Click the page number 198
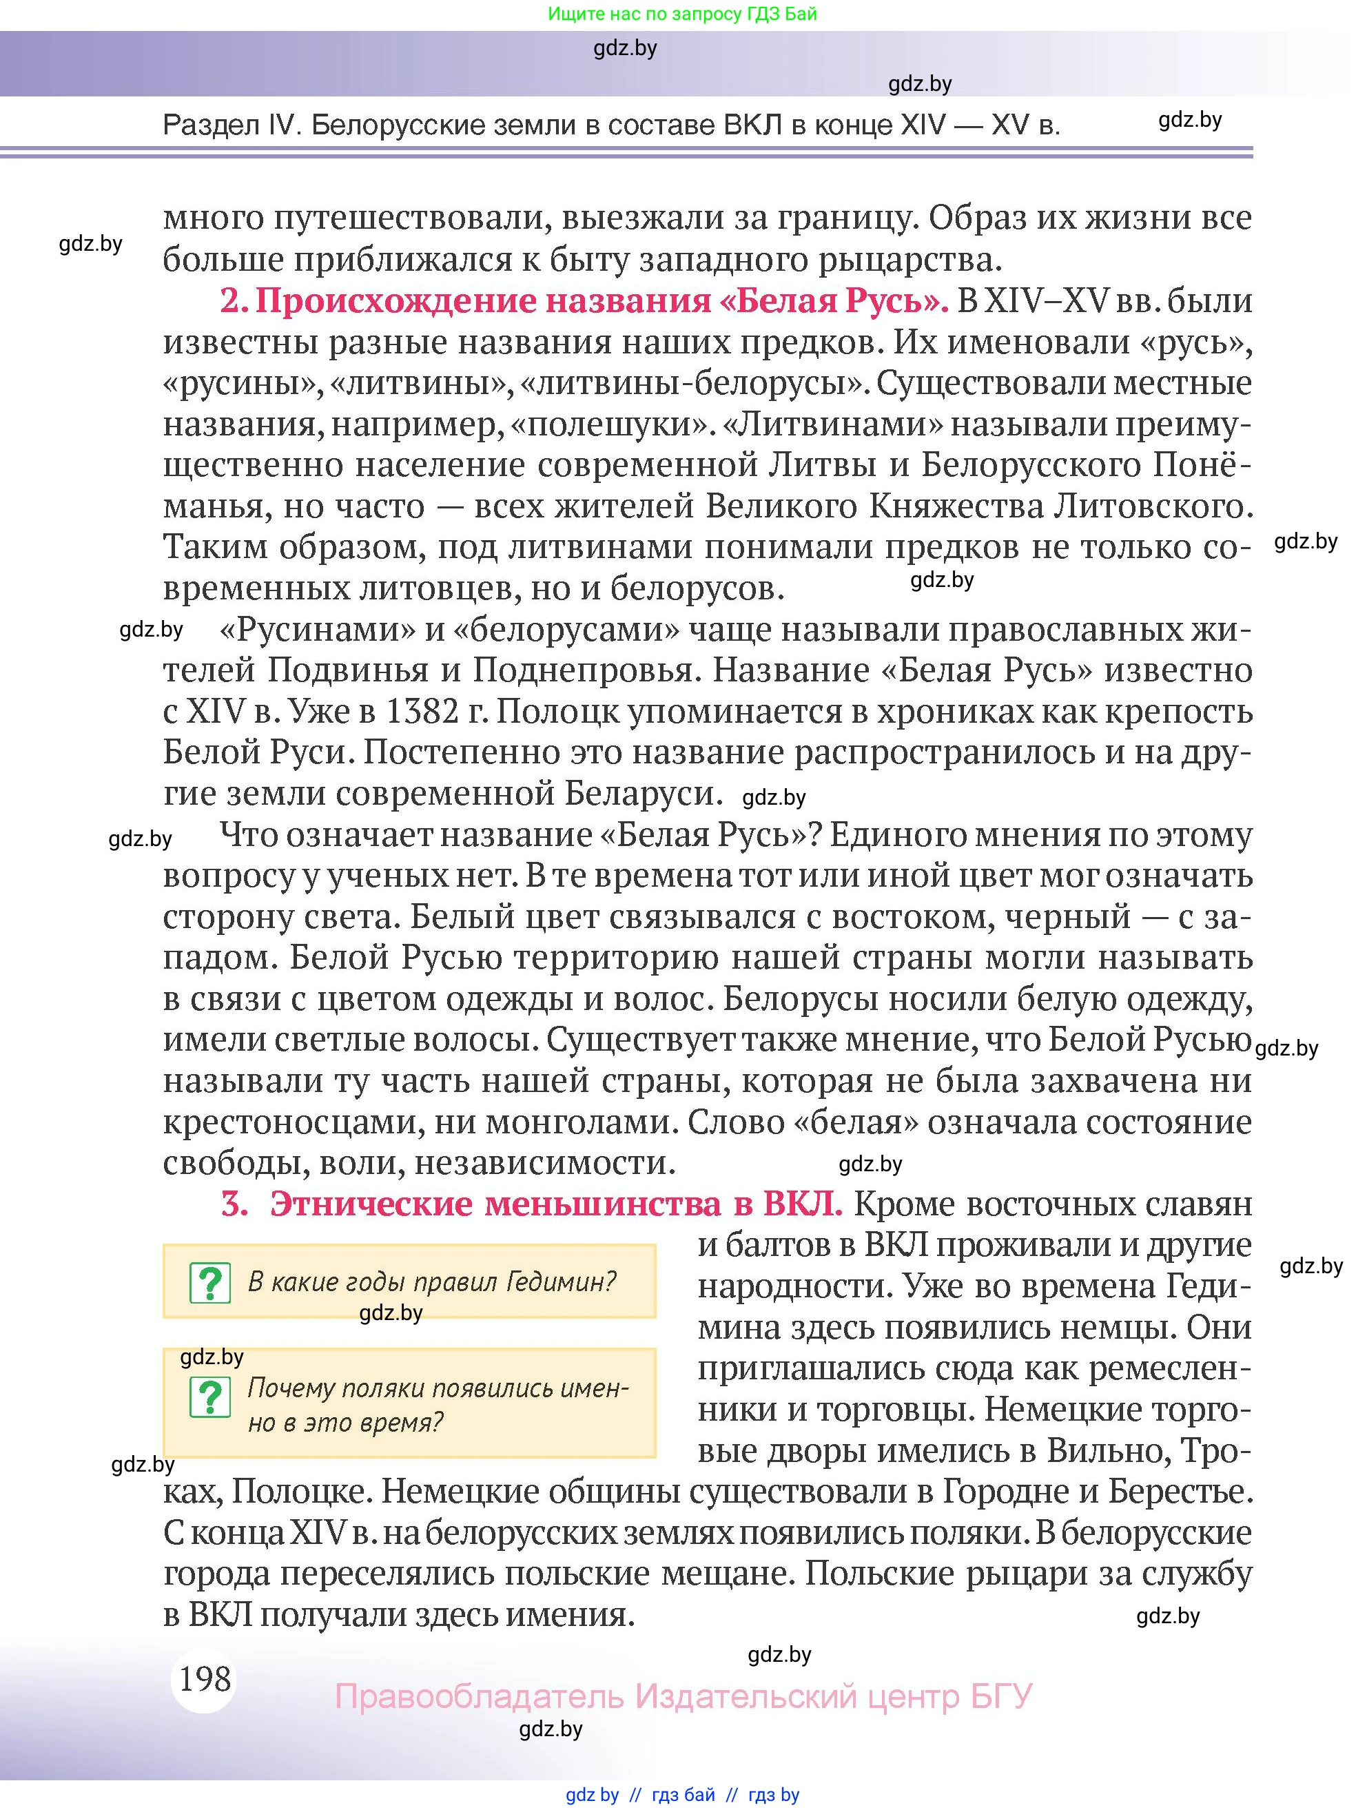205,1678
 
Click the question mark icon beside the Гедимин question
209,1283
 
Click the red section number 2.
234,300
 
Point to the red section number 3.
234,1204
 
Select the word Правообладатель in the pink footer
479,1696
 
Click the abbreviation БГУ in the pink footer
1001,1696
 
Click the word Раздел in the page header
209,125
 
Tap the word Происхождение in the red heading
393,300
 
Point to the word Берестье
1180,1492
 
